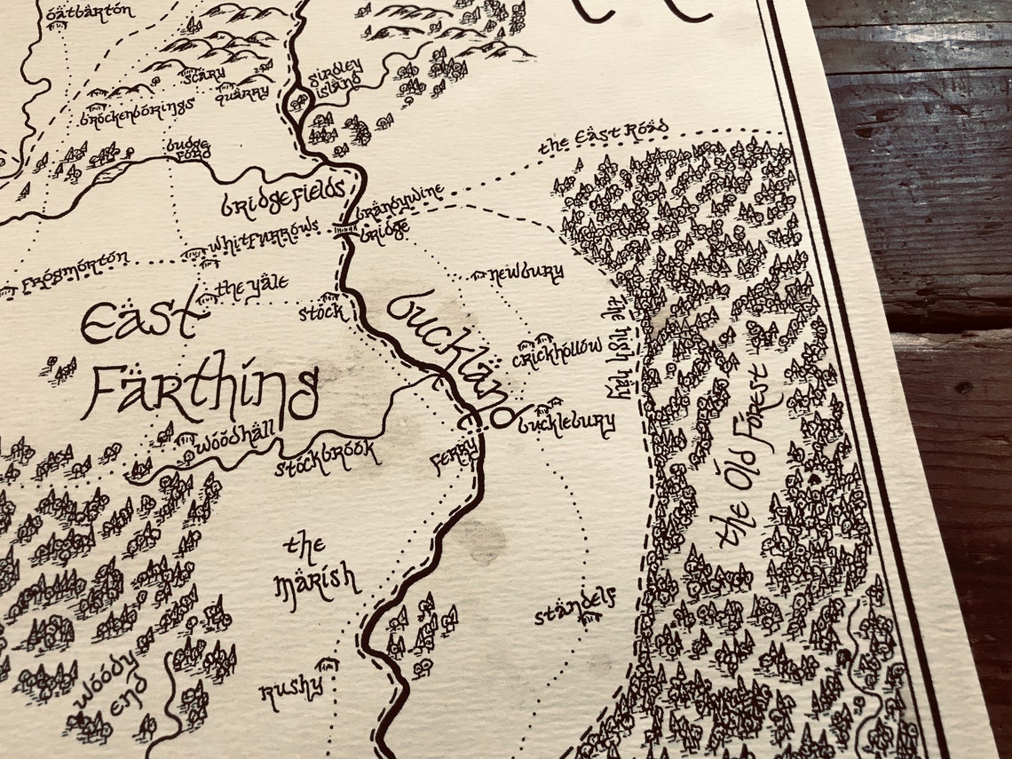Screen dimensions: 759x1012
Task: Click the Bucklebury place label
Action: pyautogui.click(x=565, y=423)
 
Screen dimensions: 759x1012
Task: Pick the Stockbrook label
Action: pyautogui.click(x=327, y=456)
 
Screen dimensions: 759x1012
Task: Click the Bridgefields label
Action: pyautogui.click(x=282, y=198)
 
